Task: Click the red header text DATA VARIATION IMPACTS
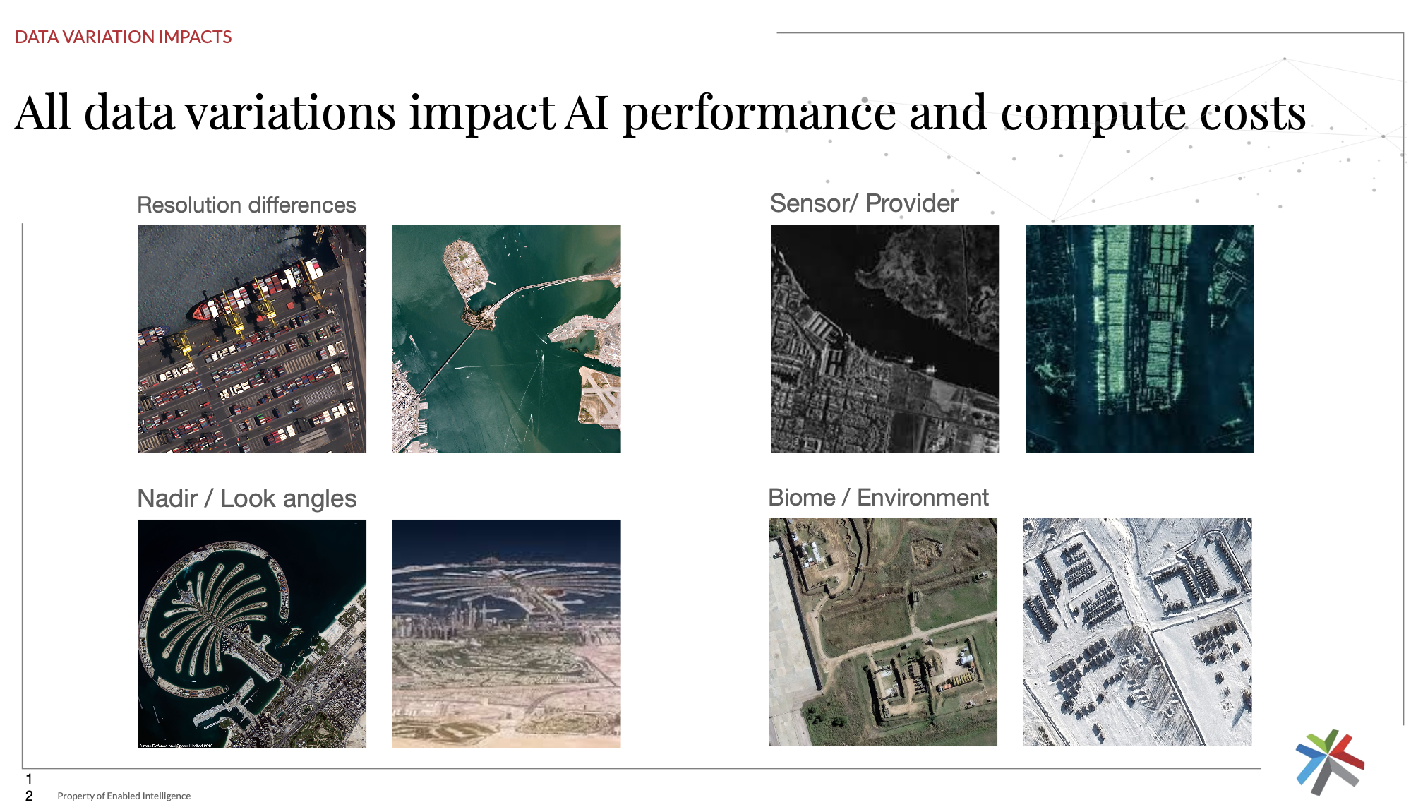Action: pos(124,37)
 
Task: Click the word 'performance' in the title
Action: pos(759,113)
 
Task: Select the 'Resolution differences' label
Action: pos(246,205)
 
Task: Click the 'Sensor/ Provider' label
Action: pos(864,203)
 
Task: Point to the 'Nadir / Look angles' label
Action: pos(247,498)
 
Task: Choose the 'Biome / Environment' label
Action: pos(878,497)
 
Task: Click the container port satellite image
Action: pos(252,339)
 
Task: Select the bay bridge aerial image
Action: pos(506,339)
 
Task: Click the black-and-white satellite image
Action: pos(885,339)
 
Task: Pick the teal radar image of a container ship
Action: pos(1139,339)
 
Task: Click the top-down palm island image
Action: pos(252,633)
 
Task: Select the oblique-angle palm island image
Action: pos(506,633)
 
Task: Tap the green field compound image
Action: pos(883,632)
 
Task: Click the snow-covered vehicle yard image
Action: pos(1137,632)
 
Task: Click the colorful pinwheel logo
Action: pos(1330,762)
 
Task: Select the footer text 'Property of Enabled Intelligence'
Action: pos(124,796)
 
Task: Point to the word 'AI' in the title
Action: pos(587,113)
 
